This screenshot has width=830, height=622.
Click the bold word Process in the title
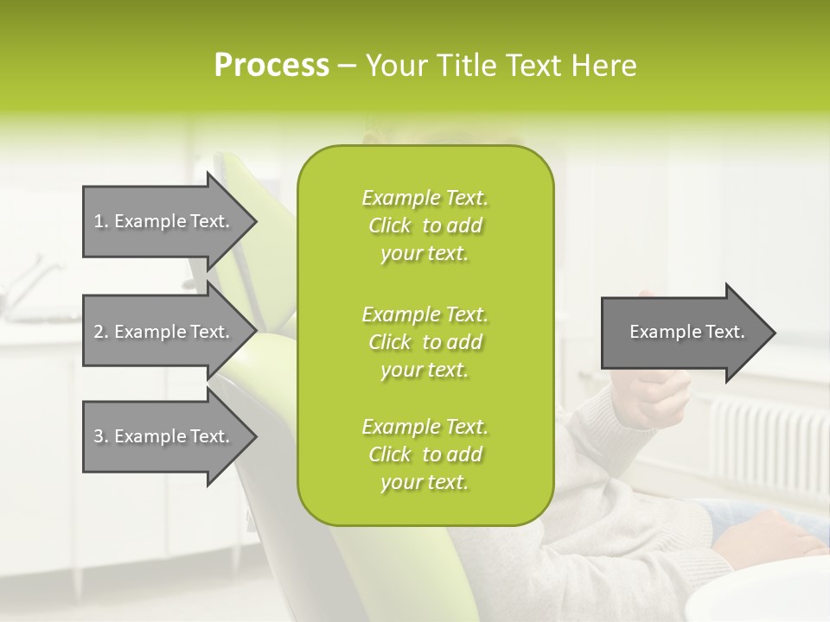click(271, 66)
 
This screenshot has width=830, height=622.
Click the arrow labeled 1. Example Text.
click(164, 221)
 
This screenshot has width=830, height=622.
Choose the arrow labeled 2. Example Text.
click(164, 332)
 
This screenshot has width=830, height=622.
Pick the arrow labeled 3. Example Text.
click(164, 436)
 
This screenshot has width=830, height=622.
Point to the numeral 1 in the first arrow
click(99, 221)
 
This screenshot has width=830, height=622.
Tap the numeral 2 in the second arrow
click(99, 332)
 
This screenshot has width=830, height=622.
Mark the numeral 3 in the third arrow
click(99, 436)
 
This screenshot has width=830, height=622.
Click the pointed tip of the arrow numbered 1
click(253, 222)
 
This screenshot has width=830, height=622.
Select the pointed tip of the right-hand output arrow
click(772, 333)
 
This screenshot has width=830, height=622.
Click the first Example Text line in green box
click(425, 198)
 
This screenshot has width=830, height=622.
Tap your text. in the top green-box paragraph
click(425, 254)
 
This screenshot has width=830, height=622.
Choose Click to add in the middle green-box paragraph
click(425, 342)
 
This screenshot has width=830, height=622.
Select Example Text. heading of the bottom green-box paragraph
click(425, 427)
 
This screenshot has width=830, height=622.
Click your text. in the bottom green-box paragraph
click(425, 483)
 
